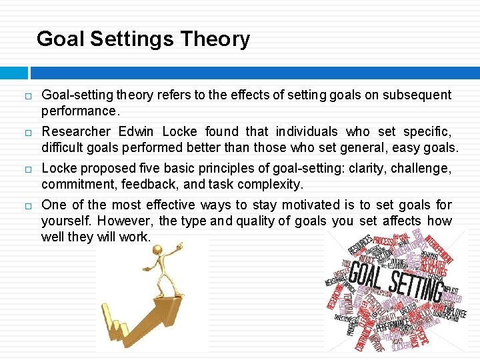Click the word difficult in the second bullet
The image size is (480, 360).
61,147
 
